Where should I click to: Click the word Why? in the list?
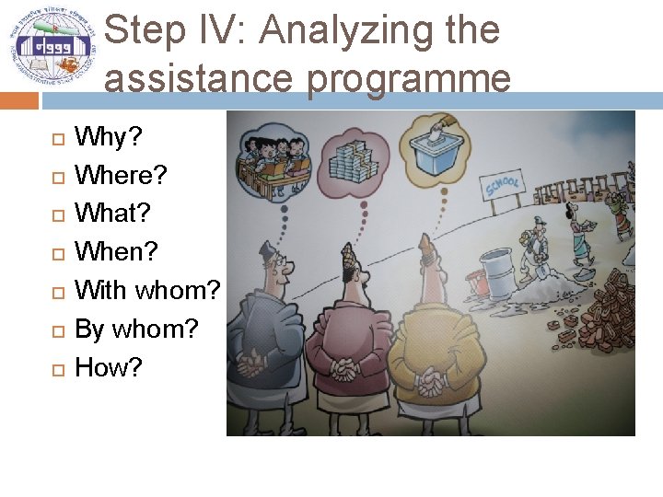tap(108, 137)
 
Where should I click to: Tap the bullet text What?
tap(112, 214)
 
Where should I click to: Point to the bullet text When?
tap(116, 251)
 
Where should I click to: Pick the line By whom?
tap(136, 329)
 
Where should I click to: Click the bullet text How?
tap(109, 367)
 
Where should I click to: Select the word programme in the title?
tap(410, 78)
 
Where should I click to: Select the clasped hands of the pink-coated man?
tap(344, 370)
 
